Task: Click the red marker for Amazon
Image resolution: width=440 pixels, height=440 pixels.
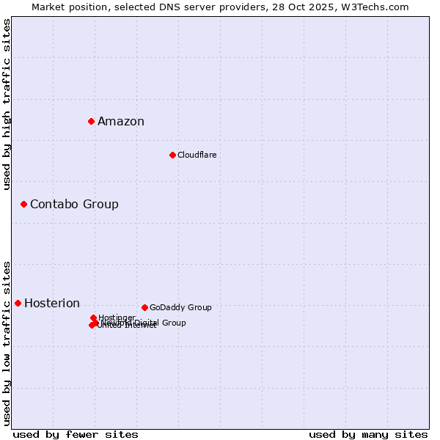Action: coord(91,121)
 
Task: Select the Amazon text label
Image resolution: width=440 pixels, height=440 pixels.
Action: coord(121,122)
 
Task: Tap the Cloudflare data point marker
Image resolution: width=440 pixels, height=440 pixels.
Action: coord(172,155)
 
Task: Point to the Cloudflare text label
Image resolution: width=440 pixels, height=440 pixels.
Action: coord(197,155)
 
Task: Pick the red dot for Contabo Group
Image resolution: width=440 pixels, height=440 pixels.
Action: coord(23,204)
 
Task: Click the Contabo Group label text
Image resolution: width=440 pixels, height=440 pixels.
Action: coord(74,204)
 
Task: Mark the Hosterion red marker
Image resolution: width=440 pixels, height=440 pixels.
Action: coord(18,303)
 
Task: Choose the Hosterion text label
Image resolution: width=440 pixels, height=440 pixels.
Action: coord(52,304)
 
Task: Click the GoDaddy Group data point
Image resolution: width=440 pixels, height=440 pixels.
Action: coord(144,307)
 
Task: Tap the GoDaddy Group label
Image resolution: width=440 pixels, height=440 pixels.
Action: coord(180,307)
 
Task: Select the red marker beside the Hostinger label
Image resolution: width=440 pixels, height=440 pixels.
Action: coord(93,318)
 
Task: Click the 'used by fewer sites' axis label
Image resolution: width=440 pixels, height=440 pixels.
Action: coord(76,434)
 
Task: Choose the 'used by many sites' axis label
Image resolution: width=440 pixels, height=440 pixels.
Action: coord(368,434)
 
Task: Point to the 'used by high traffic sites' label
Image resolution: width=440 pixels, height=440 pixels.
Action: coord(7,104)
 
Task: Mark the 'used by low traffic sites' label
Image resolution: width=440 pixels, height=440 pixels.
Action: coord(7,342)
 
